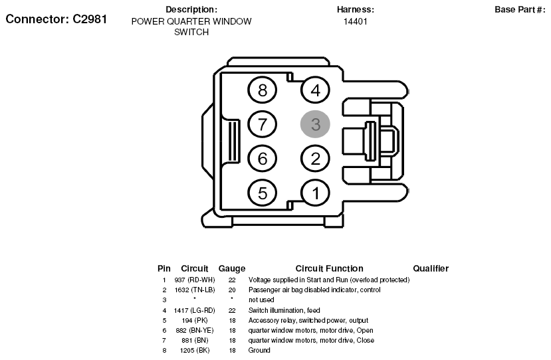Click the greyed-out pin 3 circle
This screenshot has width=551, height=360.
click(315, 124)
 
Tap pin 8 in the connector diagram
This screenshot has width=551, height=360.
click(262, 90)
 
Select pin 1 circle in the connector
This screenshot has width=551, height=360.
click(315, 193)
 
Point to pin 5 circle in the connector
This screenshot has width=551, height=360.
click(262, 193)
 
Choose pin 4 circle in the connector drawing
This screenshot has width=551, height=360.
click(315, 90)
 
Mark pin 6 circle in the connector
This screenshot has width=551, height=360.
click(262, 158)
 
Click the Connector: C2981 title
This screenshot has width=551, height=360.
click(56, 19)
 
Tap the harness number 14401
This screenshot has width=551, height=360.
click(356, 21)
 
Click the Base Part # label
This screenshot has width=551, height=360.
click(520, 9)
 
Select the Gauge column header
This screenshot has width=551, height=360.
click(232, 269)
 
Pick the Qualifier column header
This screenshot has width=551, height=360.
click(431, 269)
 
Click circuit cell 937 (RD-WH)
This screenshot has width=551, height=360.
click(195, 280)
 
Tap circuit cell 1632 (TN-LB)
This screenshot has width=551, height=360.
click(195, 290)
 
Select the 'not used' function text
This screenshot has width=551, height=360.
click(261, 300)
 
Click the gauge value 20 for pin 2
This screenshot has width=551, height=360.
click(232, 290)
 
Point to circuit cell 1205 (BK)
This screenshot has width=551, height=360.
click(195, 350)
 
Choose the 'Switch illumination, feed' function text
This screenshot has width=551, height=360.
click(284, 310)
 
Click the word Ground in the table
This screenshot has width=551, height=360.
click(259, 350)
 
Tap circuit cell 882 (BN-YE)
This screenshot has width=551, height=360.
click(195, 330)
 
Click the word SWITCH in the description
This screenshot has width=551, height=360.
click(191, 32)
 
